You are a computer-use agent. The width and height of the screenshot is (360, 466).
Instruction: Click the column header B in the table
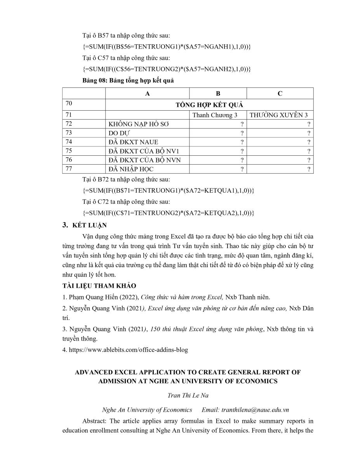pos(218,94)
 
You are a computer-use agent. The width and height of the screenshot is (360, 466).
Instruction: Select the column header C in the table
pos(280,94)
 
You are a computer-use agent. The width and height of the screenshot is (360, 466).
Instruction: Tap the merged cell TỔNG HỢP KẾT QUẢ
pos(209,105)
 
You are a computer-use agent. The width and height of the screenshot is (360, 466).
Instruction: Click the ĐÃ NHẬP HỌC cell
pos(131,169)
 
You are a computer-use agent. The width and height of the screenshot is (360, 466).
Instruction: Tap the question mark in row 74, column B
pos(242,142)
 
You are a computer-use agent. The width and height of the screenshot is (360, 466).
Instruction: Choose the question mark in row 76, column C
pos(308,160)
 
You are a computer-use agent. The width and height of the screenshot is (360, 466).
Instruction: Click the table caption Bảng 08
pos(128,81)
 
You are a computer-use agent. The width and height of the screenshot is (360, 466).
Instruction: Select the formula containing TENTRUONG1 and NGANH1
pos(167,47)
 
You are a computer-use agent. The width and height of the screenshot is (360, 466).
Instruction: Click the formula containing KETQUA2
pos(168,213)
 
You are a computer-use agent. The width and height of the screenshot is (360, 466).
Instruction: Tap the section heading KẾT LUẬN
pos(90,225)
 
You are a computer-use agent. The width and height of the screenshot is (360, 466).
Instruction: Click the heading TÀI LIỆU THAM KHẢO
pos(99,286)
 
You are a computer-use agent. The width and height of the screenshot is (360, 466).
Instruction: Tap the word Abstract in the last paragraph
pos(94,421)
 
